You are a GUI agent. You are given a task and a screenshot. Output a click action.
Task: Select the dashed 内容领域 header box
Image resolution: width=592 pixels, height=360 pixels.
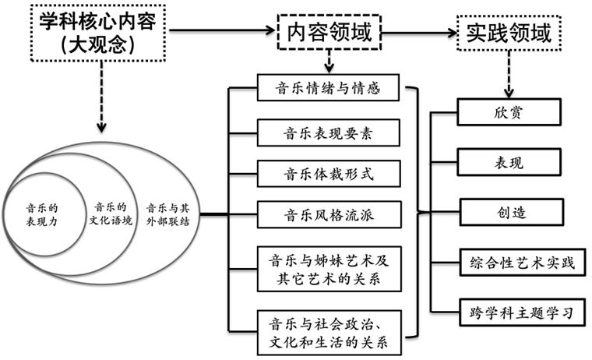click(329, 32)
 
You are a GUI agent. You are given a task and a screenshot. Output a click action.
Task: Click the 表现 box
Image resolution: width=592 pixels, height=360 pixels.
click(509, 162)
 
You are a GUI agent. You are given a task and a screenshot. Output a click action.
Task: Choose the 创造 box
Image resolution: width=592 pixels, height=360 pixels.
click(509, 211)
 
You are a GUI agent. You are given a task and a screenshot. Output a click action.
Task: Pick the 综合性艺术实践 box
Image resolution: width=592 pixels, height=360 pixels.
click(516, 263)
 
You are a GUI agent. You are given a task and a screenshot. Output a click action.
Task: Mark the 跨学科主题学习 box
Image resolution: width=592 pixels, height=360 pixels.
click(516, 314)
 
